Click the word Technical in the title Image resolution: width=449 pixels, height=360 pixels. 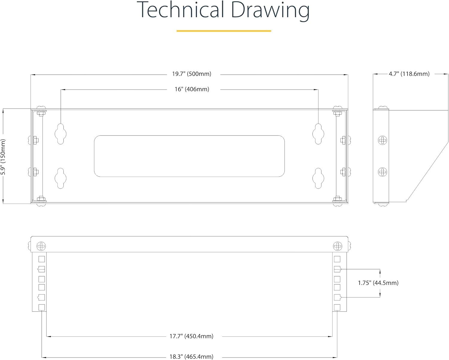(x=180, y=10)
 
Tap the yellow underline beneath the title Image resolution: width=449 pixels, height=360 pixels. (x=224, y=31)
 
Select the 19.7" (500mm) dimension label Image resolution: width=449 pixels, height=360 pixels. (x=192, y=74)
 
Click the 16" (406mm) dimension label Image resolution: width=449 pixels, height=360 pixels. (x=192, y=89)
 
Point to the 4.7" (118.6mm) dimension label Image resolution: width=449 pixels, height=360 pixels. (x=409, y=74)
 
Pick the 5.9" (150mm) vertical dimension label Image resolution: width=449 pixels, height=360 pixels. (x=3, y=157)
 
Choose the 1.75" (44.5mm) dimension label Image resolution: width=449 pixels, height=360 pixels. (x=378, y=283)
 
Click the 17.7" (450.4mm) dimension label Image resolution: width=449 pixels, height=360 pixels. (x=191, y=336)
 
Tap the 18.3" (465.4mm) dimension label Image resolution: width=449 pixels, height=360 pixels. (x=191, y=357)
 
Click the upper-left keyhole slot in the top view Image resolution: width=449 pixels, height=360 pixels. (x=60, y=134)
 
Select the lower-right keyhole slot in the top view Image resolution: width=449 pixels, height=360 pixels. (x=318, y=178)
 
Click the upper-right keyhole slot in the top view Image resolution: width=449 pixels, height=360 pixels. (x=318, y=134)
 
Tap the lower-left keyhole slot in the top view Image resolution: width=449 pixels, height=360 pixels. (x=60, y=178)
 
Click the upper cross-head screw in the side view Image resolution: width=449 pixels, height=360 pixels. (x=383, y=140)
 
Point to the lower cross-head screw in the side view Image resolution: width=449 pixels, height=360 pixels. (x=383, y=172)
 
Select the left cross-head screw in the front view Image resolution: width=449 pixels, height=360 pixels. (x=41, y=246)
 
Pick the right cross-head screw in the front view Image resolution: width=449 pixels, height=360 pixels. (x=338, y=246)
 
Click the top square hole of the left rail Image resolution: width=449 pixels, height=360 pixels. (x=42, y=259)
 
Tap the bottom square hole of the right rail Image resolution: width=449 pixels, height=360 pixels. (x=337, y=307)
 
